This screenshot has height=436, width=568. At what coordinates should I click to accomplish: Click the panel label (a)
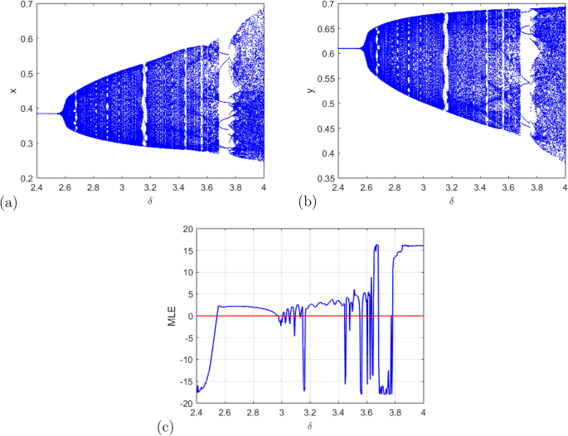coord(9,201)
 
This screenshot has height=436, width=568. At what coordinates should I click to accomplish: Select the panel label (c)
coord(164,427)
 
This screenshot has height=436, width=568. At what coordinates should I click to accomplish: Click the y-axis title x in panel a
coord(12,90)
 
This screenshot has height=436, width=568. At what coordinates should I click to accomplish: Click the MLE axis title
coord(172,315)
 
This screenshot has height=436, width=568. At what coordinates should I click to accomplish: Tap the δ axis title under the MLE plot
coord(310,426)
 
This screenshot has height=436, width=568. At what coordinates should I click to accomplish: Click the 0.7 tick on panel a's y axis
coord(27,6)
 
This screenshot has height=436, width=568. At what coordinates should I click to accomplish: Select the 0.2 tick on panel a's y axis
coord(27,178)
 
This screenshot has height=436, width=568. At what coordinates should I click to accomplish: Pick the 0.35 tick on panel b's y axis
coord(325,178)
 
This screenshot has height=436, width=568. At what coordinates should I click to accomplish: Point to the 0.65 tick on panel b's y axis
coord(325,30)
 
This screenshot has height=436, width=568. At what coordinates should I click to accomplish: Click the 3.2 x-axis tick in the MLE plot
coord(310,412)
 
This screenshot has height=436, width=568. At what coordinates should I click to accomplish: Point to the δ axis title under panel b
coord(452,201)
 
